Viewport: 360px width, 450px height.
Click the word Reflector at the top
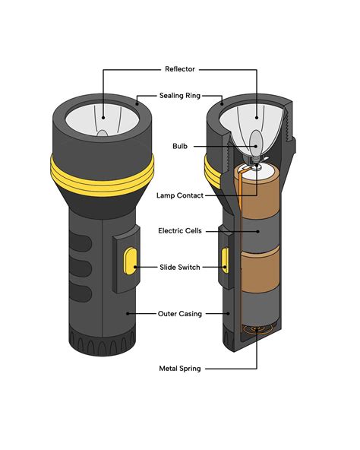coord(179,69)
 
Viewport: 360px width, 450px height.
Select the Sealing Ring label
coord(179,97)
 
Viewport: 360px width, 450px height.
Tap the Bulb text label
coord(179,145)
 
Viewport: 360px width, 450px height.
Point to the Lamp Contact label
coord(179,195)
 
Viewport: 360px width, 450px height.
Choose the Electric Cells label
coord(179,230)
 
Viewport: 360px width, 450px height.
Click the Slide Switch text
coord(179,267)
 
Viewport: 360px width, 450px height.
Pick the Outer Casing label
coord(179,312)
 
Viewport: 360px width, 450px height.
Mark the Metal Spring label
coord(179,368)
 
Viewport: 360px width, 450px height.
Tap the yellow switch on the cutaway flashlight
coord(225,259)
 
